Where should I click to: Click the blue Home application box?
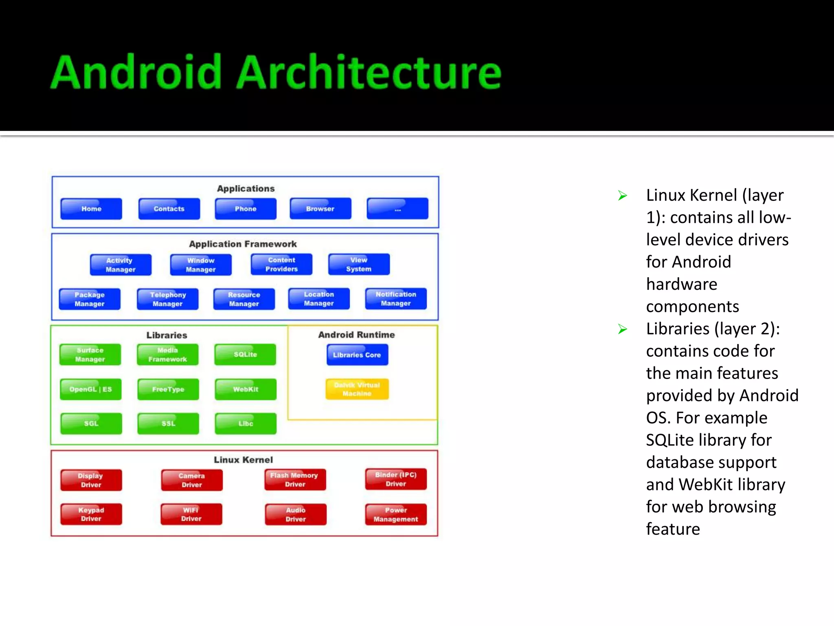[91, 209]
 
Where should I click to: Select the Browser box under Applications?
[320, 209]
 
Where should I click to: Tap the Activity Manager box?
[121, 265]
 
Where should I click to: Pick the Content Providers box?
[281, 265]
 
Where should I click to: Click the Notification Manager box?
[396, 299]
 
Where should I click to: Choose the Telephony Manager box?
[168, 299]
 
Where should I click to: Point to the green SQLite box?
[245, 355]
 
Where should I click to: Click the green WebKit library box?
[246, 389]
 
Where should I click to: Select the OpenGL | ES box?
[90, 389]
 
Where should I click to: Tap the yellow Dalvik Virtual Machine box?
[357, 389]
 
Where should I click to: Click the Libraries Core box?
[357, 355]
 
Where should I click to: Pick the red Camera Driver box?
[192, 480]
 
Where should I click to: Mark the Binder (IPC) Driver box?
[396, 479]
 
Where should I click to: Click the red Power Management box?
[396, 515]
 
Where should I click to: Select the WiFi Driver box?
[191, 514]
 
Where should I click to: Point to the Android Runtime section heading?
[356, 335]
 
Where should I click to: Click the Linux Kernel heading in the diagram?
[243, 460]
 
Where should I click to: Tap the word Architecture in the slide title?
[369, 72]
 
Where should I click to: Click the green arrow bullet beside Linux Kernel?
[622, 196]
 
